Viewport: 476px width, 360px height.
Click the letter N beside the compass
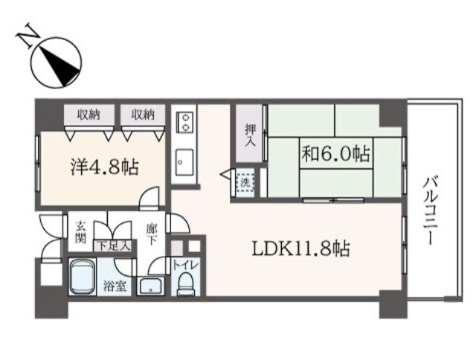point(28,36)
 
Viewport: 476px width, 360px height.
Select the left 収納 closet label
point(89,115)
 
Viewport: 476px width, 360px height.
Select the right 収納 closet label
point(143,115)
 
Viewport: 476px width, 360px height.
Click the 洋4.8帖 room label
point(105,167)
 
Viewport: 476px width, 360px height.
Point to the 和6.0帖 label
point(335,154)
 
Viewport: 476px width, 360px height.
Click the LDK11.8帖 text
point(301,249)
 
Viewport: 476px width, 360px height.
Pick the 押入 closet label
point(251,135)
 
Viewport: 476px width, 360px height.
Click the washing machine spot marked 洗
point(245,183)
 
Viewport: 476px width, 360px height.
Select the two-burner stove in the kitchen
point(184,122)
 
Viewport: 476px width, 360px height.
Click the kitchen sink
point(184,162)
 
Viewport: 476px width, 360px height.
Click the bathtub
point(82,277)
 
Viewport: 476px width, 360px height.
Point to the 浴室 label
point(115,286)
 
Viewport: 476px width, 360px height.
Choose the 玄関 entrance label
point(80,232)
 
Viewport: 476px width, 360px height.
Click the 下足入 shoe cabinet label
point(112,245)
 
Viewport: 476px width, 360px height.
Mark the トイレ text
point(185,265)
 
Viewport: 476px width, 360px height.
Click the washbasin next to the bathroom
point(150,286)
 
